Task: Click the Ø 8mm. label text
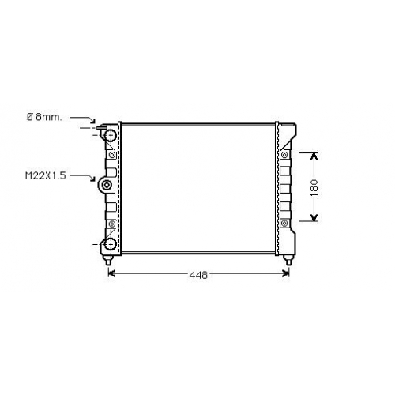[44, 117]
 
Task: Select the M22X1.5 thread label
[45, 175]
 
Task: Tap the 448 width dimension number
[198, 275]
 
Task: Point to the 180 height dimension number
[314, 188]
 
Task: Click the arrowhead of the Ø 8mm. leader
[92, 120]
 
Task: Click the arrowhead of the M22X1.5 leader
[92, 179]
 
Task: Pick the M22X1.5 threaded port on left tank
[107, 185]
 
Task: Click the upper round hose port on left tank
[111, 135]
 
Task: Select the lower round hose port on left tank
[111, 244]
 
